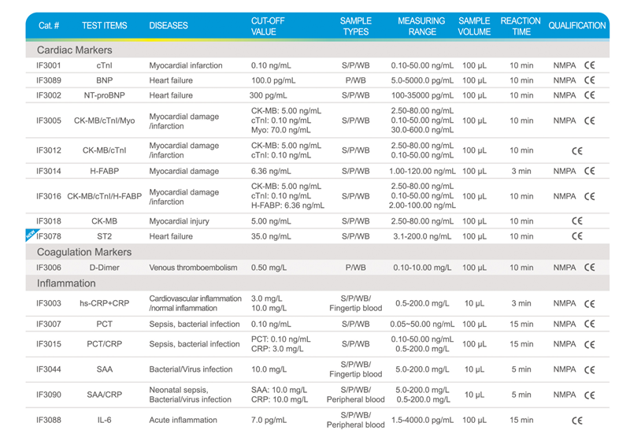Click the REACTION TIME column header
click(x=521, y=25)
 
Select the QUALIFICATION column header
click(x=577, y=25)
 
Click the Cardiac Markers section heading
click(x=75, y=50)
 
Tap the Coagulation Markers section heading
click(x=84, y=252)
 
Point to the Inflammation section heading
click(x=66, y=284)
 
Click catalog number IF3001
click(x=50, y=65)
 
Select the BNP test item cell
click(x=105, y=80)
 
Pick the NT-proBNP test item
click(x=105, y=95)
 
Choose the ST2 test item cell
click(x=105, y=236)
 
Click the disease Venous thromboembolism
click(x=193, y=268)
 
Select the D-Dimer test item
click(x=105, y=268)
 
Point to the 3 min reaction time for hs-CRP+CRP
click(x=521, y=303)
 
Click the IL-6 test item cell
click(x=105, y=420)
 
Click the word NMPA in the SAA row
click(x=565, y=369)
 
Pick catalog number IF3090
click(x=50, y=395)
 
